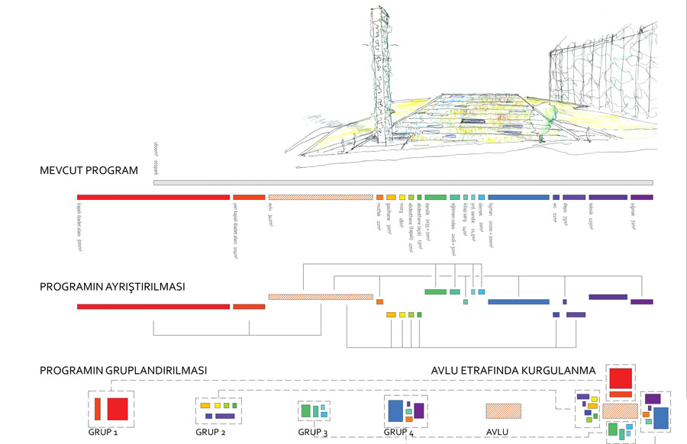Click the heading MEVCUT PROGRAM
click(x=89, y=170)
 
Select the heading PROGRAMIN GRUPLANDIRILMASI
click(x=124, y=371)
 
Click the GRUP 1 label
click(x=104, y=432)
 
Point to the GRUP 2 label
click(x=211, y=432)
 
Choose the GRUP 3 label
click(x=313, y=433)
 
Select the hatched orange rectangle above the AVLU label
click(x=503, y=410)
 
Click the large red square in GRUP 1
click(x=117, y=409)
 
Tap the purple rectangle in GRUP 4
click(x=419, y=410)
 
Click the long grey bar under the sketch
click(x=403, y=182)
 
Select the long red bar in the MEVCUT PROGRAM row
click(x=153, y=197)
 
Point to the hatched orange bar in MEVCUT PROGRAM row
click(x=321, y=197)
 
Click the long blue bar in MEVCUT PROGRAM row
click(x=518, y=197)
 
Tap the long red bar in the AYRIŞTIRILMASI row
click(x=153, y=306)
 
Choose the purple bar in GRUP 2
click(x=225, y=417)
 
